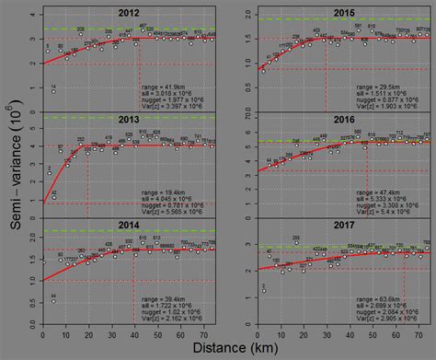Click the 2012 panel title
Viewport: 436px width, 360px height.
tap(129, 14)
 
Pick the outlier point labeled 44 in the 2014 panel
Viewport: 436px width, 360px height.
tap(52, 303)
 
